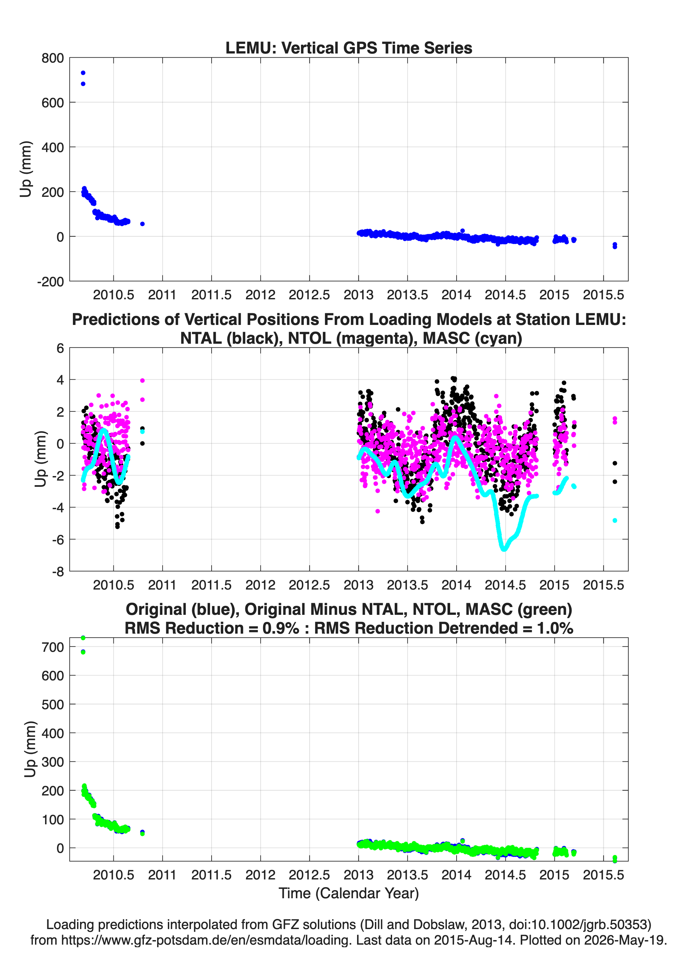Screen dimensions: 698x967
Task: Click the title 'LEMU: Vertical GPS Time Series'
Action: tap(349, 48)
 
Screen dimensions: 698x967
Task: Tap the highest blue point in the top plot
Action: tap(83, 73)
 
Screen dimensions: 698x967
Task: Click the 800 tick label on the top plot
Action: tap(53, 58)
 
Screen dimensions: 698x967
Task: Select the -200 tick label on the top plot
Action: tap(50, 281)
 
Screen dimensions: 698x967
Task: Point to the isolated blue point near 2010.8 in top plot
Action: tap(142, 224)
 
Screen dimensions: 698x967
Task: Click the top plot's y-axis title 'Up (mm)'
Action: tap(26, 169)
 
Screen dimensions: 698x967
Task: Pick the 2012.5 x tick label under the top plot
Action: tap(309, 295)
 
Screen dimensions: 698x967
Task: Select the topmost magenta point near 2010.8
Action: tap(142, 381)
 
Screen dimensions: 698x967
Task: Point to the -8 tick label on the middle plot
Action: tap(58, 571)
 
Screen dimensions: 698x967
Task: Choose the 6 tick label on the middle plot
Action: tap(60, 348)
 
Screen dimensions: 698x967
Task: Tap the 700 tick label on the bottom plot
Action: tap(53, 647)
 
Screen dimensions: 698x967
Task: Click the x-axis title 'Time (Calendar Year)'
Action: tap(349, 893)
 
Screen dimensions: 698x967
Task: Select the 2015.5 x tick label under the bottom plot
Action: tap(603, 875)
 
